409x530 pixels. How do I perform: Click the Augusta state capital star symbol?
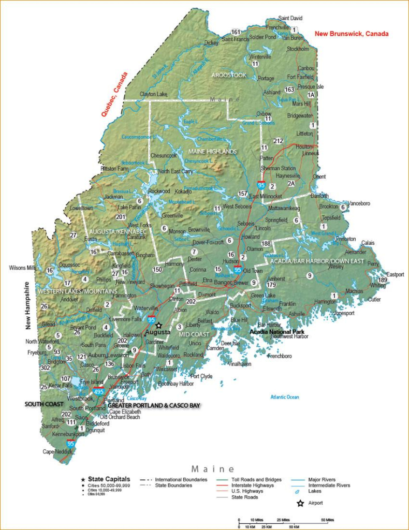(x=159, y=325)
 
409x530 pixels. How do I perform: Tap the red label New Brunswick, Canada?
(x=352, y=34)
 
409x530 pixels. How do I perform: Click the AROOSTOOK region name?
(x=229, y=75)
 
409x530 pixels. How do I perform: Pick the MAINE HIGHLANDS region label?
(x=212, y=152)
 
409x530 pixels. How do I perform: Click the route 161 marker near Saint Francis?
(x=236, y=32)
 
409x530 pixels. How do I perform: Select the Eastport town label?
(x=395, y=274)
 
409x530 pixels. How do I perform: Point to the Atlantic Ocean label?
(x=285, y=397)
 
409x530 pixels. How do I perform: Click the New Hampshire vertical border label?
(x=29, y=306)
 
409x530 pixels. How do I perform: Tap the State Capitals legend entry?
(x=109, y=479)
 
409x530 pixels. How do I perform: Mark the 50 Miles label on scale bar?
(x=327, y=519)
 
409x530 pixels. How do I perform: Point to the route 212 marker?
(x=279, y=141)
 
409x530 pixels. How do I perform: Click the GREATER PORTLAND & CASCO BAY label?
(x=154, y=405)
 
